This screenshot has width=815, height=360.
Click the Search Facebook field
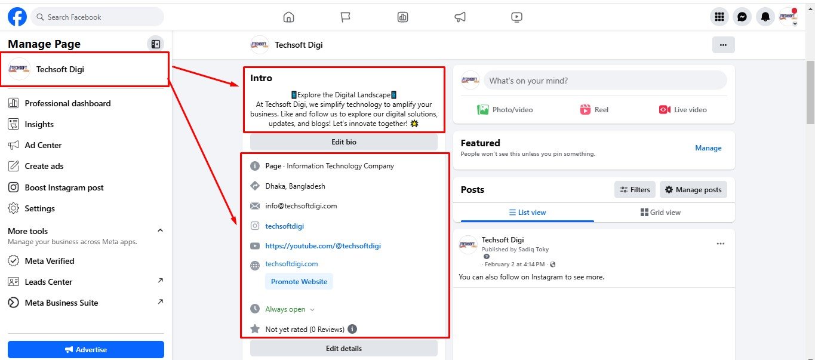pos(97,17)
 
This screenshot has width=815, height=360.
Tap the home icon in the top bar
pos(288,17)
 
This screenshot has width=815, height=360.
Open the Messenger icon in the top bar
pos(742,17)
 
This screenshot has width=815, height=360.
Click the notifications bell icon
pos(765,17)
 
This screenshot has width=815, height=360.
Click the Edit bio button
pos(344,142)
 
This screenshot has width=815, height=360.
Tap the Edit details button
pos(344,349)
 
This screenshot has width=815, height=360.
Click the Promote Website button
pos(299,281)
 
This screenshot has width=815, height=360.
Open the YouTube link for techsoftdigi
pos(323,246)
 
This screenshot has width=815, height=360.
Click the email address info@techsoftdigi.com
pos(302,206)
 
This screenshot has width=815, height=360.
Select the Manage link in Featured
pos(708,148)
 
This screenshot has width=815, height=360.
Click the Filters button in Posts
pos(635,189)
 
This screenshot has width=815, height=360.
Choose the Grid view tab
pos(660,213)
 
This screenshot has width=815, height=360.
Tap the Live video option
pos(683,109)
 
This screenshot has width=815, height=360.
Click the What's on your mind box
pos(605,81)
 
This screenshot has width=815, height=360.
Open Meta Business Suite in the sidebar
pos(61,303)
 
